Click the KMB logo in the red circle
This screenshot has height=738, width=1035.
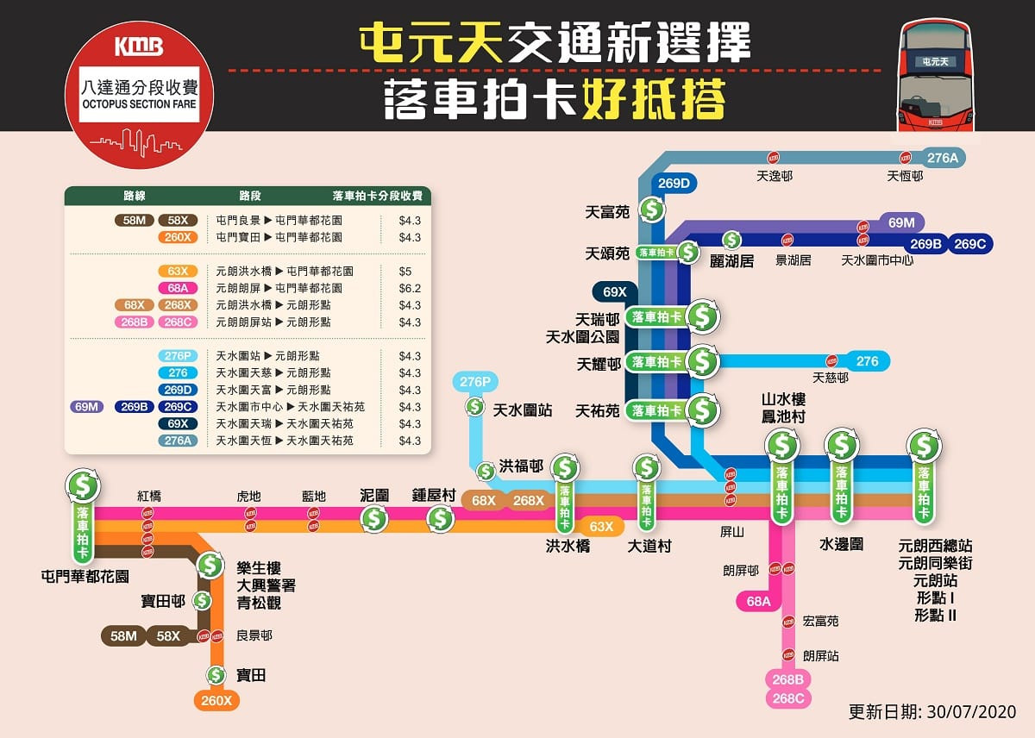coord(138,47)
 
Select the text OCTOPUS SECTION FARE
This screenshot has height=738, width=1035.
coord(139,104)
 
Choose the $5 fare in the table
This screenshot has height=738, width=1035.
coord(405,271)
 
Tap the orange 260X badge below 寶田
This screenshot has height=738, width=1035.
coord(216,701)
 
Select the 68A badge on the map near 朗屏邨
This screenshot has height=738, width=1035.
coord(758,602)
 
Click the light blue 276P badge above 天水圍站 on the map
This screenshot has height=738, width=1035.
coord(474,382)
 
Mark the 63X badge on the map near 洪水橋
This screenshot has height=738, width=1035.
coord(600,526)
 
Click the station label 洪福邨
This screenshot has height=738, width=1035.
coord(521,466)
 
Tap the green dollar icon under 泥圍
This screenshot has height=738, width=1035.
coord(374,518)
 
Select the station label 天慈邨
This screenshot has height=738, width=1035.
coord(831,378)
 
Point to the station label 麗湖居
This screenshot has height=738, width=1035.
coord(731,260)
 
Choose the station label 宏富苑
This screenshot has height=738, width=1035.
coord(820,621)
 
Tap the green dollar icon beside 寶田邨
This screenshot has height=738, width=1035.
coord(202,600)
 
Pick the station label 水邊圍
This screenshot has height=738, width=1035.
coord(841,545)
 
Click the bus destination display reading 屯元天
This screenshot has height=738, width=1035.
coord(935,61)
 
